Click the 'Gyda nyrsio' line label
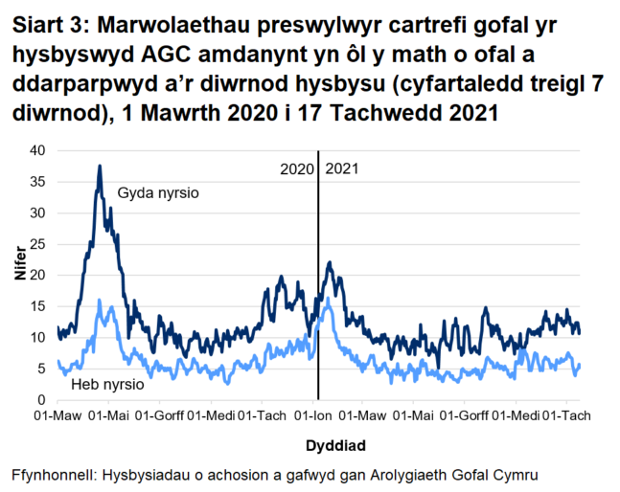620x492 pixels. pyautogui.click(x=158, y=193)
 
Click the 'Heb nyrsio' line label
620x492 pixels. pyautogui.click(x=108, y=384)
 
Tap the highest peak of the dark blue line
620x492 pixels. pyautogui.click(x=99, y=167)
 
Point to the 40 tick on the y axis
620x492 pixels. pyautogui.click(x=38, y=150)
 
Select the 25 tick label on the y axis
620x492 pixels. pyautogui.click(x=38, y=244)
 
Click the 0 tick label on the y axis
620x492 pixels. pyautogui.click(x=42, y=400)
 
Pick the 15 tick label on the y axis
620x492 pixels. pyautogui.click(x=38, y=306)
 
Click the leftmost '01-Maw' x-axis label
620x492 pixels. pyautogui.click(x=57, y=416)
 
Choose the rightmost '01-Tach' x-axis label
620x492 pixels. pyautogui.click(x=566, y=416)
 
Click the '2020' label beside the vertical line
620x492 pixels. pyautogui.click(x=297, y=169)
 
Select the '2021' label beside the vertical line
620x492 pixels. pyautogui.click(x=342, y=169)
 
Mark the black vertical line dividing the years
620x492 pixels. pyautogui.click(x=318, y=287)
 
